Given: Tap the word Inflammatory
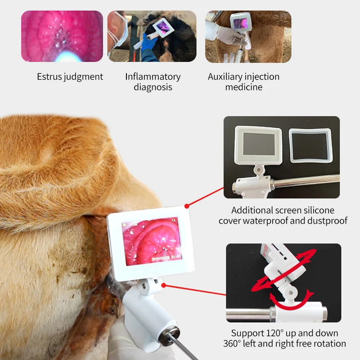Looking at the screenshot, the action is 153,76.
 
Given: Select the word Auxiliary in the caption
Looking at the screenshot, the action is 225,76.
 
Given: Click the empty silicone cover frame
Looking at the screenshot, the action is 310,146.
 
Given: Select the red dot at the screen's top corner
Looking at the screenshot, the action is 187,206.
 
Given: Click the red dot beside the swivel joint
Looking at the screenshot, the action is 164,285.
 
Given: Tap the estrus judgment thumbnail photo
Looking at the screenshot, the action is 62,36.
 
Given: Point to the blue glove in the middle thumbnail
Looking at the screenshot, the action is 148,43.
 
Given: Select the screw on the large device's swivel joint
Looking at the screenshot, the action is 144,286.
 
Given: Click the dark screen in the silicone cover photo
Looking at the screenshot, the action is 259,144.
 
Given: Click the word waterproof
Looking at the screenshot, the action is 265,220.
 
